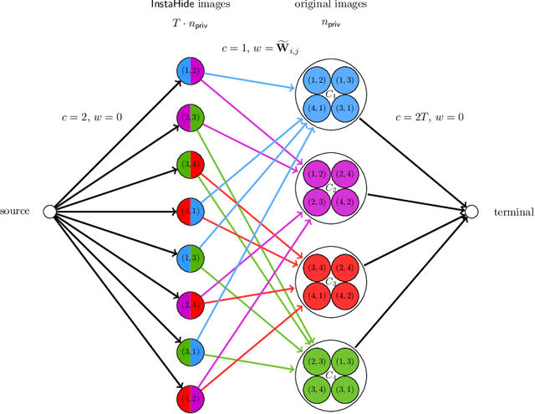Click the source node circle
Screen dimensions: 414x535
click(x=49, y=212)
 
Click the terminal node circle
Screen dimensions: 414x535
click(x=471, y=212)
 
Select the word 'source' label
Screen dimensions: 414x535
click(x=17, y=212)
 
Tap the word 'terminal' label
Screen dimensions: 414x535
click(x=512, y=212)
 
